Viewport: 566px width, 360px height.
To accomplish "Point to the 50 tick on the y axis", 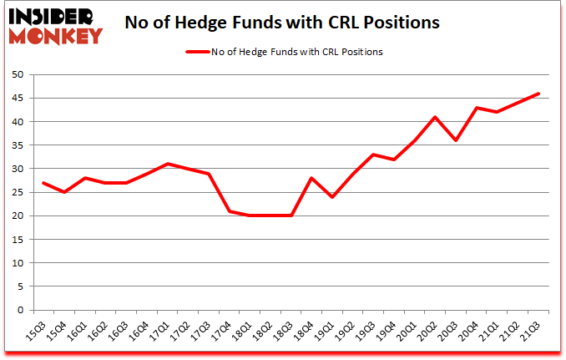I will click(x=16, y=74).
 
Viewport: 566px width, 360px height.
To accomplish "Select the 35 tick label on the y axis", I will click(x=16, y=145).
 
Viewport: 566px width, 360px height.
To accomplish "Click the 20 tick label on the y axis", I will click(x=16, y=216).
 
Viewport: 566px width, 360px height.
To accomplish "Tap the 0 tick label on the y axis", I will click(x=18, y=311).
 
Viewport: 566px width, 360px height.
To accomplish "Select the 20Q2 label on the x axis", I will click(x=432, y=332).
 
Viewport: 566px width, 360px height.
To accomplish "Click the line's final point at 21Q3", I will click(x=538, y=94).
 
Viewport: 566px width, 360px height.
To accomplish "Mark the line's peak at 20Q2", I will click(x=435, y=117).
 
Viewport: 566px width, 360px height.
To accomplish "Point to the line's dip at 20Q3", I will click(x=456, y=140).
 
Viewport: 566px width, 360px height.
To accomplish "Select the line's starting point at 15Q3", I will click(x=43, y=183).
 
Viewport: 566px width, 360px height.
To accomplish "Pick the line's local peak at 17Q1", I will click(x=169, y=164).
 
